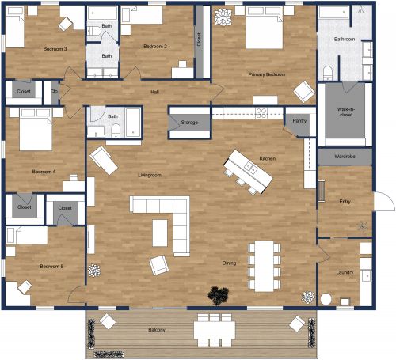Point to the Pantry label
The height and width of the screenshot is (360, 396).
tap(299, 121)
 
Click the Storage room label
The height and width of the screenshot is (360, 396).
tap(188, 123)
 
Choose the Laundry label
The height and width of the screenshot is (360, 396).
tap(344, 273)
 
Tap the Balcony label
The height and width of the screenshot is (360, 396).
tap(156, 330)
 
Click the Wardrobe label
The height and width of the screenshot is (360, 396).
tap(345, 157)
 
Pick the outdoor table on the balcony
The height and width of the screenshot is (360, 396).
tap(213, 324)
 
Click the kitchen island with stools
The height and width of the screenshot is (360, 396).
tap(245, 171)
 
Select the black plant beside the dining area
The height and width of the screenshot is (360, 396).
tap(216, 295)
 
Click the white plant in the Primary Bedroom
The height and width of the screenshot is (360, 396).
tap(223, 16)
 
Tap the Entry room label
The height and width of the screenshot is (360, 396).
tap(344, 202)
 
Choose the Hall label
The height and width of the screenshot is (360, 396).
tap(155, 93)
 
